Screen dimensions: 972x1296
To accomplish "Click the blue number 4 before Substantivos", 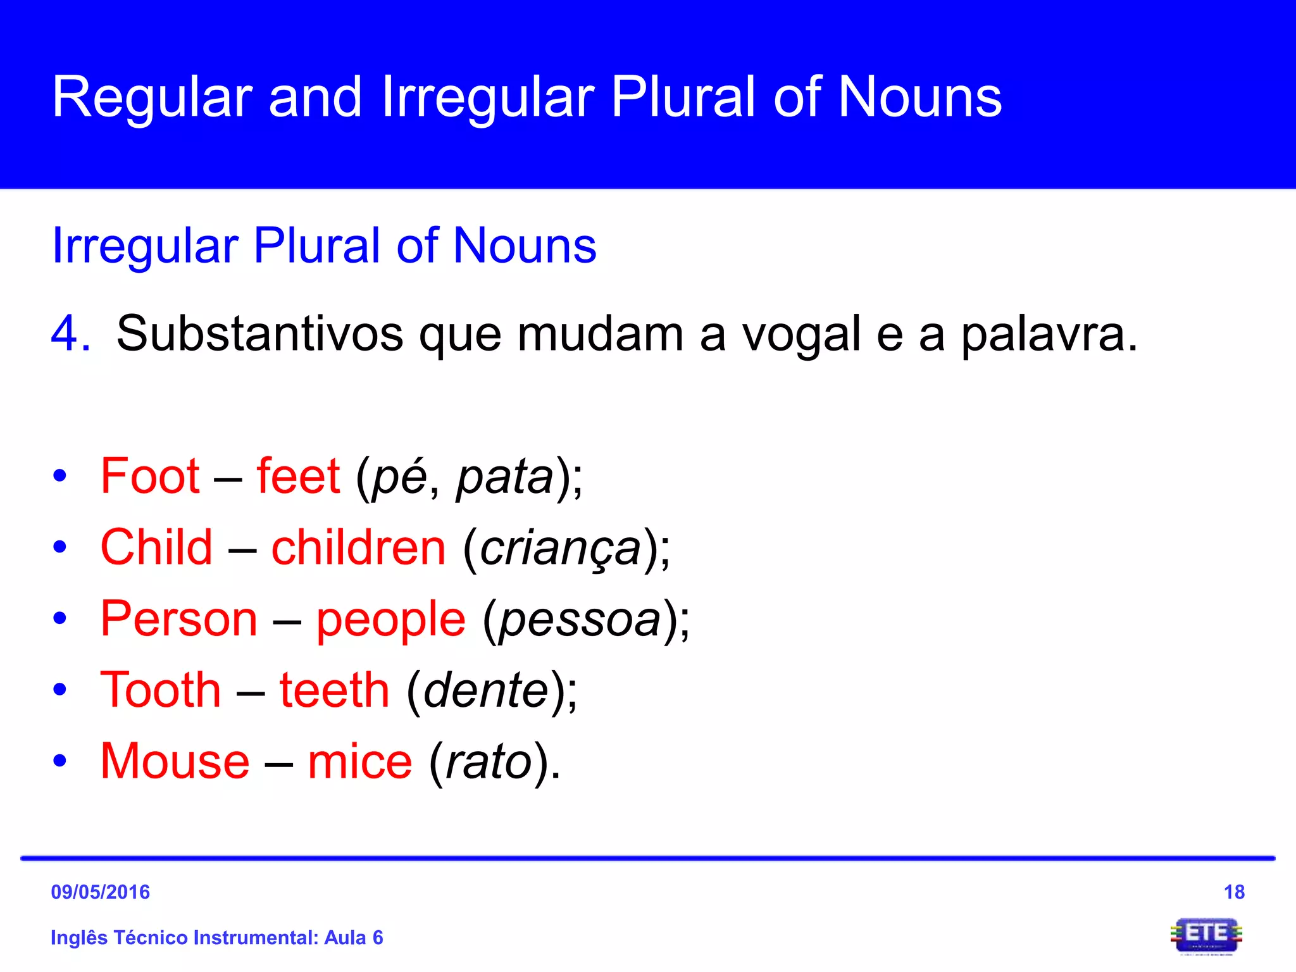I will (70, 334).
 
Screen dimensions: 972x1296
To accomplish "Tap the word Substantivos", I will (259, 334).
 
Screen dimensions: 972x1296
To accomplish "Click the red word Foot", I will (151, 476).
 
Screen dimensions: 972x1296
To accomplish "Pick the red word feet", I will (298, 476).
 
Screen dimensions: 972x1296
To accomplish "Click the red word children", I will (359, 547).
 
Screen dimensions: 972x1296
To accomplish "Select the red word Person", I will (179, 619).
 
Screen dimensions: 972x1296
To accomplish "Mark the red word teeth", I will (335, 690).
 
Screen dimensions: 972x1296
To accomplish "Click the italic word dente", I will (486, 690).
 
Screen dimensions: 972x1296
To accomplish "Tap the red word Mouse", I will (175, 761).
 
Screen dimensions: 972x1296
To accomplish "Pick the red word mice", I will (360, 761).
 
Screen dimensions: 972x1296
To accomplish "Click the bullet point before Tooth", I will (60, 690).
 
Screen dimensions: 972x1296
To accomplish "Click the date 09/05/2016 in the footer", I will (100, 892).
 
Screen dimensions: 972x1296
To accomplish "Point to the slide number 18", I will (1234, 892).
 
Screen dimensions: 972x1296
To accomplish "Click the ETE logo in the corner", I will (1206, 935).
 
